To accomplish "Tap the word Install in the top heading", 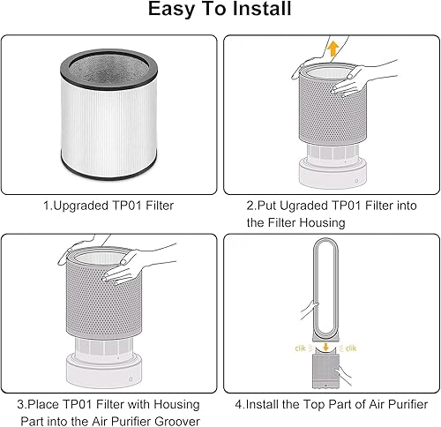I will pyautogui.click(x=261, y=11).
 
